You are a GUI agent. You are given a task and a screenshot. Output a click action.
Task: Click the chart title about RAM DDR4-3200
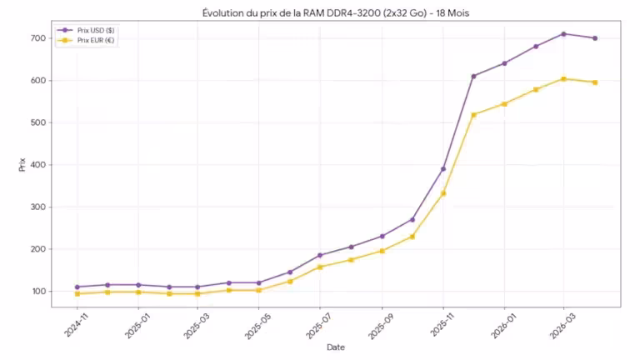pyautogui.click(x=336, y=12)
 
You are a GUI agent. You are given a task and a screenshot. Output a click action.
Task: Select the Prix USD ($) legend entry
pyautogui.click(x=92, y=30)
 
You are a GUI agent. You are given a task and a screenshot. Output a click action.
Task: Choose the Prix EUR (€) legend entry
pyautogui.click(x=92, y=40)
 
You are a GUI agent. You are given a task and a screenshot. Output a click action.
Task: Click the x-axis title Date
pyautogui.click(x=336, y=347)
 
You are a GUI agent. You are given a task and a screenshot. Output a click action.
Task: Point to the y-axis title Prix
pyautogui.click(x=22, y=165)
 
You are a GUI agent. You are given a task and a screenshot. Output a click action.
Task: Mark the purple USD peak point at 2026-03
pyautogui.click(x=564, y=34)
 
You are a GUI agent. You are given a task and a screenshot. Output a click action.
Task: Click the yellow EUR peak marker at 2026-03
pyautogui.click(x=564, y=79)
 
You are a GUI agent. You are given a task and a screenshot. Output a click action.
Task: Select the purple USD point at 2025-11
pyautogui.click(x=443, y=169)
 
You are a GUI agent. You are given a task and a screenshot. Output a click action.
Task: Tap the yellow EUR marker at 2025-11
pyautogui.click(x=443, y=193)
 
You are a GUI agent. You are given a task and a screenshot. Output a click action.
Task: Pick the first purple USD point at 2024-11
pyautogui.click(x=77, y=287)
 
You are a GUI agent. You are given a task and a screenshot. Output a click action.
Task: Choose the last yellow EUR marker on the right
pyautogui.click(x=595, y=82)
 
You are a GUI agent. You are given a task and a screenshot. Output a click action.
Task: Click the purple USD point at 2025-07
pyautogui.click(x=321, y=256)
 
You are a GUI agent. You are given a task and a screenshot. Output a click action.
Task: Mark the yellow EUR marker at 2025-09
pyautogui.click(x=382, y=251)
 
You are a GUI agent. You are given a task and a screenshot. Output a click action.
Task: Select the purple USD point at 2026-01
pyautogui.click(x=504, y=63)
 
